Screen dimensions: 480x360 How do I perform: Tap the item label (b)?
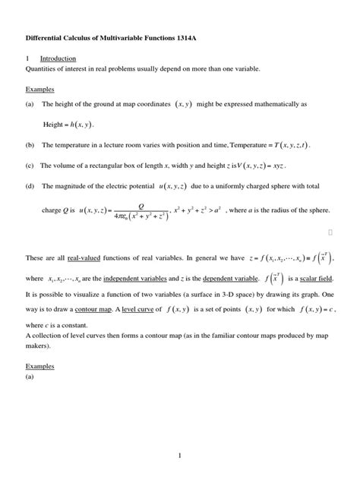pyautogui.click(x=30, y=144)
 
